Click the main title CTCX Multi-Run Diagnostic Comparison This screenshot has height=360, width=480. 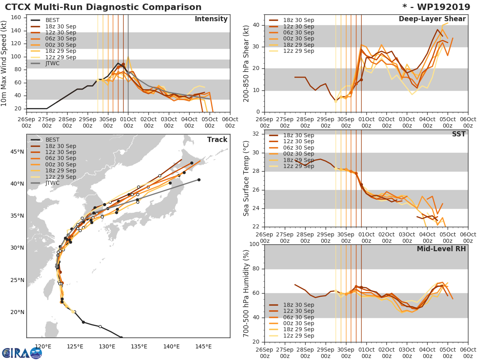click(x=103, y=7)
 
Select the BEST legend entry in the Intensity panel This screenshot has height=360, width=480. click(x=52, y=20)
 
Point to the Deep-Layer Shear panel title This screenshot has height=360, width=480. click(x=432, y=19)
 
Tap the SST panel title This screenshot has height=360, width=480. click(x=459, y=134)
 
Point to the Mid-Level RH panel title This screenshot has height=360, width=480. click(x=441, y=249)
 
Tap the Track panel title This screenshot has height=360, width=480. click(x=217, y=140)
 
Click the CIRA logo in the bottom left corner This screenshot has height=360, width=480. click(x=22, y=353)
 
